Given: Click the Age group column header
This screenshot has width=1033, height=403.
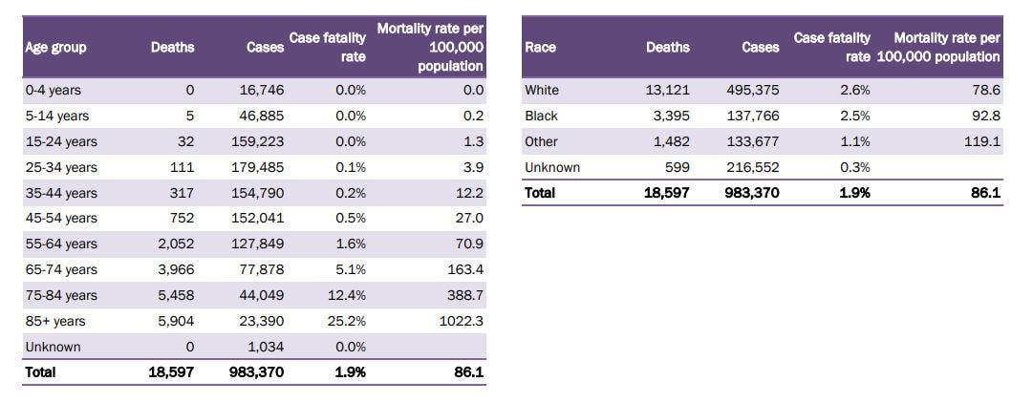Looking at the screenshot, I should pos(55,48).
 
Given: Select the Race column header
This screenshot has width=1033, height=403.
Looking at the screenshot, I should pos(540,47).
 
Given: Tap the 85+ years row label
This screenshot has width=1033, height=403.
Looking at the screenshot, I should pos(55,322).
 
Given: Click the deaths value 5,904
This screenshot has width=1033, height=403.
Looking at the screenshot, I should pos(175,322).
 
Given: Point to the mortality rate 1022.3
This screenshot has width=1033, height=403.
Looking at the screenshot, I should pos(461,322).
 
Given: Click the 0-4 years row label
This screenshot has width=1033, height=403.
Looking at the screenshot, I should pos(53,90).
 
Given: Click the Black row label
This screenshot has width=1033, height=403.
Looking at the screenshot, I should pos(541,116).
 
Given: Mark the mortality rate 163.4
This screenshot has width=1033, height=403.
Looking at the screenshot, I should pos(464,270).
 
